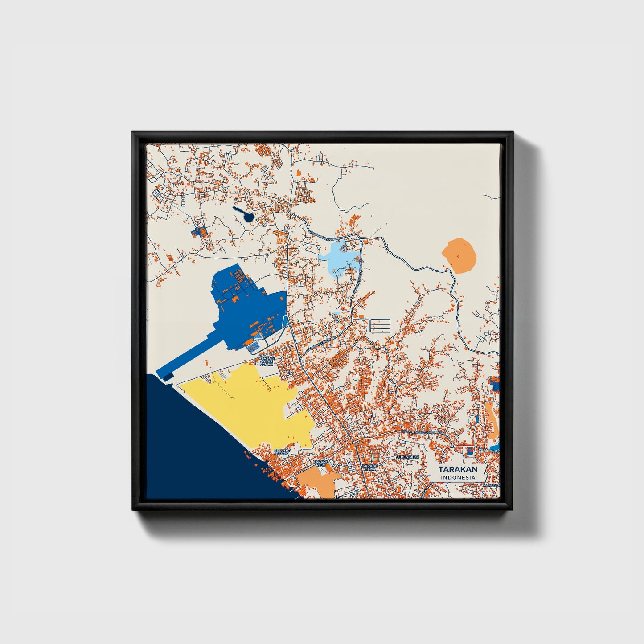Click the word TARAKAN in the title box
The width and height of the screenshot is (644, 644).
(x=457, y=469)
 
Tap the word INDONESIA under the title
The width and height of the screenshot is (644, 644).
(x=457, y=477)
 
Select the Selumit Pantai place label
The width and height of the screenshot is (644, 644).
(x=282, y=452)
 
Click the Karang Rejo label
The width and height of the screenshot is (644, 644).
(x=321, y=464)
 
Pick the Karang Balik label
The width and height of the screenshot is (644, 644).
(x=370, y=468)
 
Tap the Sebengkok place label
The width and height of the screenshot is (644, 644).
(x=407, y=457)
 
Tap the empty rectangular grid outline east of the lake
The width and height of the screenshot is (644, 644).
(x=380, y=325)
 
